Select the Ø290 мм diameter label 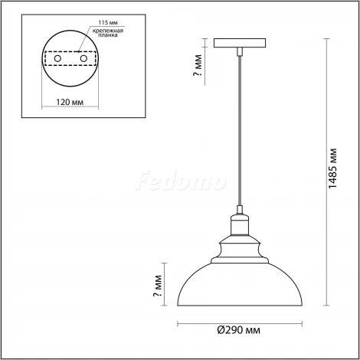237,330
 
